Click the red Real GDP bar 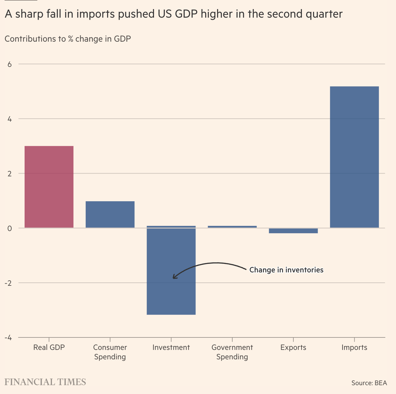pos(49,187)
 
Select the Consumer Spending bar pos(110,214)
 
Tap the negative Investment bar pos(171,271)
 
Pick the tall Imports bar pos(354,157)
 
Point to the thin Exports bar pos(293,231)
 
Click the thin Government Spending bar pos(232,226)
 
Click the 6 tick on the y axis pos(10,64)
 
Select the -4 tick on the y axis pos(8,338)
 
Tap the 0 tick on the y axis pos(10,228)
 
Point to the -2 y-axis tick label pos(8,283)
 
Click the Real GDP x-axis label pos(49,347)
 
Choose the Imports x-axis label pos(354,347)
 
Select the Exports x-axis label pos(293,347)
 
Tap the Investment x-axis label pos(171,347)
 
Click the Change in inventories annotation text pos(286,270)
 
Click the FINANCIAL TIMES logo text pos(45,382)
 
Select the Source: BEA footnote pos(369,383)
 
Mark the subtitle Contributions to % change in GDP pos(68,39)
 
